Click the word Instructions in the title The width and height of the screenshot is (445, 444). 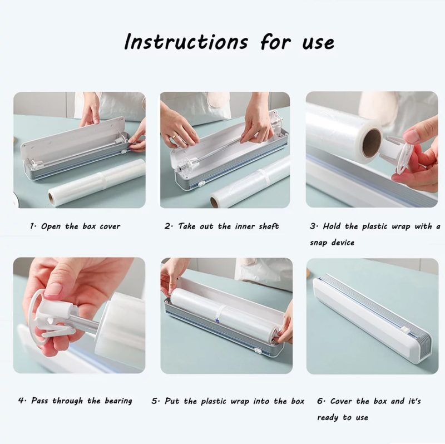coord(186,42)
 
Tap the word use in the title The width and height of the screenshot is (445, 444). coord(318,44)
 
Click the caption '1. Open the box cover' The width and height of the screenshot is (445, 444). coord(75,226)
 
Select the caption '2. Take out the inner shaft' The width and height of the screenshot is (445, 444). coord(221,226)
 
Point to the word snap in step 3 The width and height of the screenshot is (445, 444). coord(319,243)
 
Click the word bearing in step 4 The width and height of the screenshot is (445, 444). coord(118,401)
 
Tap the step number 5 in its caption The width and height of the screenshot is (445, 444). coord(154,401)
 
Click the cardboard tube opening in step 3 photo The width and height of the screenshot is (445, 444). coord(372,144)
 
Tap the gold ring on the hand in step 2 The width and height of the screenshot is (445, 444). coord(175,136)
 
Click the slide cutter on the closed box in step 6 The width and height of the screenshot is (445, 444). coord(406,330)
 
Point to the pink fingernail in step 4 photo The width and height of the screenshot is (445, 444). coord(53,289)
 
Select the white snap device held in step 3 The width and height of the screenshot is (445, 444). coord(397,155)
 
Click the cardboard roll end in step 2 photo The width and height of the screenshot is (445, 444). coord(214,202)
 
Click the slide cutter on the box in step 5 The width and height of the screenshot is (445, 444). coord(258,352)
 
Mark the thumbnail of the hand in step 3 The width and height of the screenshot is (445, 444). coord(412,136)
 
